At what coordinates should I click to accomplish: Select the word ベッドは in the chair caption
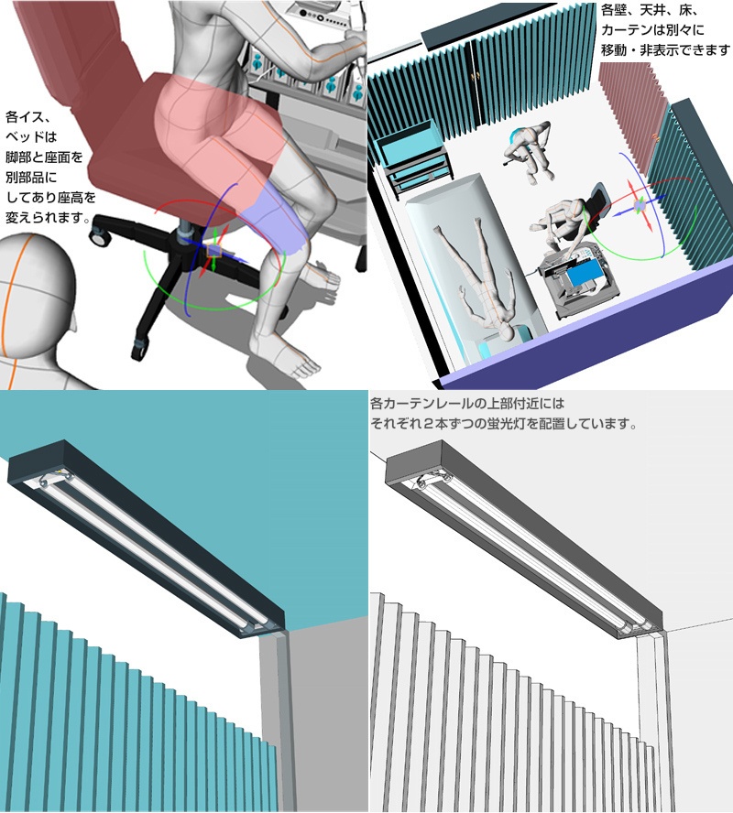[31, 137]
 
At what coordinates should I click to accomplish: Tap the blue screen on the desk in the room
[582, 275]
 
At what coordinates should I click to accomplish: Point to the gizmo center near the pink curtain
[638, 207]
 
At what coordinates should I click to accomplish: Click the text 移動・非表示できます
[664, 50]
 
